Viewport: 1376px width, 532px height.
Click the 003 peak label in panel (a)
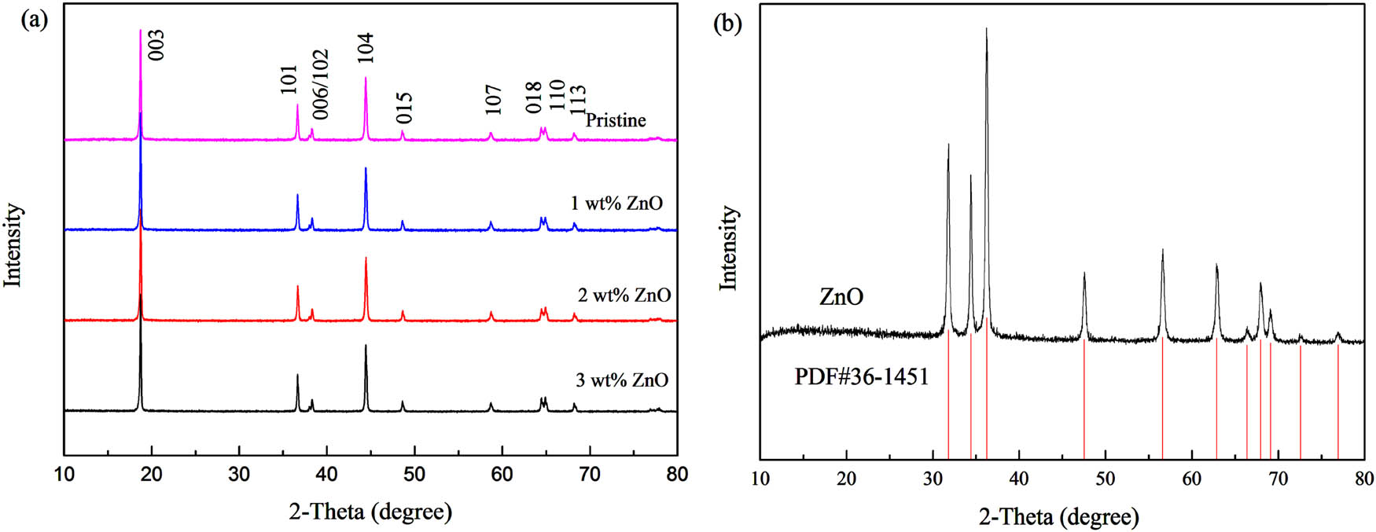[156, 46]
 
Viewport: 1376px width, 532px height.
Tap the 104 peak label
[365, 48]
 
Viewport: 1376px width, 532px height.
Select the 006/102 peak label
[320, 84]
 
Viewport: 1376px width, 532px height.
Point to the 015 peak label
[405, 108]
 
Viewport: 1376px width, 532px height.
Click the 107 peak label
[493, 100]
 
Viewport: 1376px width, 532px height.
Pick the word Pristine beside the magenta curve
[616, 120]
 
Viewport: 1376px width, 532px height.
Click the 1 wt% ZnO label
[616, 204]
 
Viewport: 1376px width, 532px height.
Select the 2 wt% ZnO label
[624, 295]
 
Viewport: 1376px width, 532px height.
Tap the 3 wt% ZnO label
[622, 380]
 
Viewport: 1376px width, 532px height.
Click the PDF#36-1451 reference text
[862, 377]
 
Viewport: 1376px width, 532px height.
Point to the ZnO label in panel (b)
[841, 297]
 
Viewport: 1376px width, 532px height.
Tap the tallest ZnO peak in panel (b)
[986, 29]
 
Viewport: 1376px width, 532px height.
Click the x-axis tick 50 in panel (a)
[414, 475]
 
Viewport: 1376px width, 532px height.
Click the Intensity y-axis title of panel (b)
[730, 248]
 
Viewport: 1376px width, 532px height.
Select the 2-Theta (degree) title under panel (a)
[370, 512]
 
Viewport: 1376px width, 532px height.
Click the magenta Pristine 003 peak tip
[140, 31]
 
